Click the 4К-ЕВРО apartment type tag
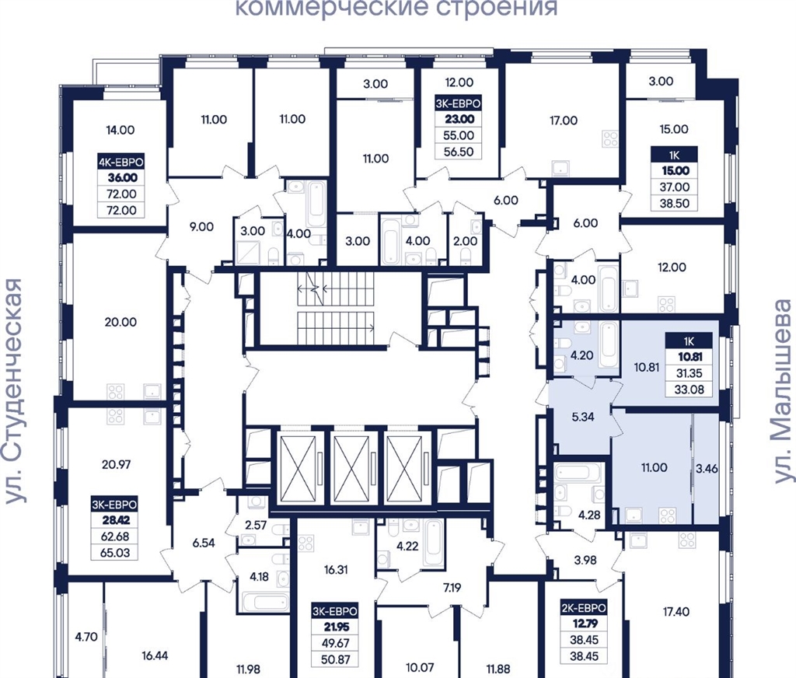click(x=120, y=162)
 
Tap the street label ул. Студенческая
click(x=14, y=392)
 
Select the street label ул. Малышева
click(x=782, y=391)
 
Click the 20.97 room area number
click(x=117, y=463)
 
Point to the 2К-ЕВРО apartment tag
click(x=584, y=608)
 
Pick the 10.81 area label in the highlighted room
click(x=646, y=367)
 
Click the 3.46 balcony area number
click(x=707, y=469)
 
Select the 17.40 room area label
click(x=676, y=612)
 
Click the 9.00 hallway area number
click(x=201, y=226)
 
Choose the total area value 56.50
click(x=459, y=152)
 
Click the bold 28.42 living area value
click(x=115, y=520)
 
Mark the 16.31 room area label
click(x=336, y=570)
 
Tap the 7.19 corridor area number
click(x=452, y=589)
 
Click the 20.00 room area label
click(x=120, y=322)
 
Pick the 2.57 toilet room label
click(x=256, y=525)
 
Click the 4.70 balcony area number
click(x=86, y=637)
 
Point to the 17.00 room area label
click(x=564, y=121)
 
